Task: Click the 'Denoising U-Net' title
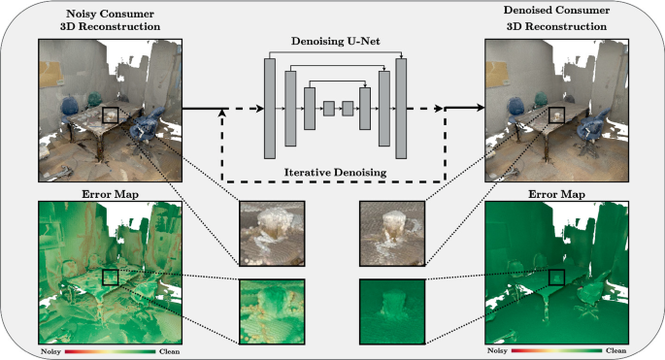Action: tap(335, 42)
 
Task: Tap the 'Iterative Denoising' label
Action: tap(335, 173)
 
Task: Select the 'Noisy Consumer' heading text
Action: tap(110, 14)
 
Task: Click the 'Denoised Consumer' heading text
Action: tap(556, 10)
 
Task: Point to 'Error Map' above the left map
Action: tap(110, 195)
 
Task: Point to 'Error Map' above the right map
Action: tap(556, 195)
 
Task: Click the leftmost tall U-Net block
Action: tap(270, 109)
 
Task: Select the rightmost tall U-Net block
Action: tap(401, 109)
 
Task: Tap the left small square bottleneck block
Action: tap(329, 109)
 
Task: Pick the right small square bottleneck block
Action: tap(348, 109)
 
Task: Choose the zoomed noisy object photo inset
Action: tap(272, 234)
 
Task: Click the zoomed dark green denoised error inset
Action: tap(392, 311)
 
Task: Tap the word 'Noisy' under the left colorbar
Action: tap(50, 351)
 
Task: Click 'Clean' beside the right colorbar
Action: tap(615, 350)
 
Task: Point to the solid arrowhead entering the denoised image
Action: tap(480, 108)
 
